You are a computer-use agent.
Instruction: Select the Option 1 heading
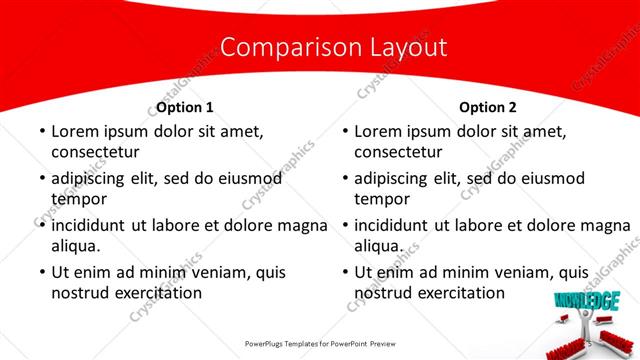coord(185,107)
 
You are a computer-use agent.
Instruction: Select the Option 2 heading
coord(488,107)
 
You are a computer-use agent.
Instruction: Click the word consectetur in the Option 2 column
coord(398,152)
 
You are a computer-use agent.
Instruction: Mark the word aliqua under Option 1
coord(78,246)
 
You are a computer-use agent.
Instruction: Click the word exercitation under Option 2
coord(457,293)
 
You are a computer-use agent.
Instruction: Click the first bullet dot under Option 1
coord(39,132)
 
